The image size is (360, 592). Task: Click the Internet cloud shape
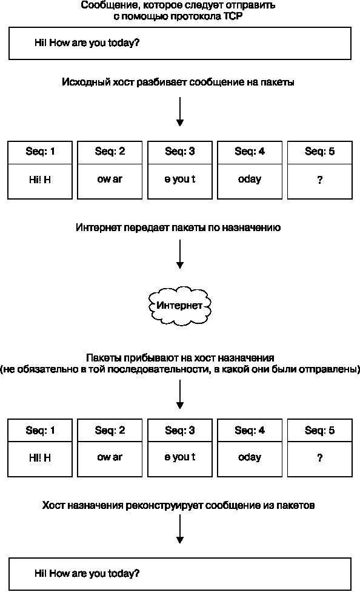pyautogui.click(x=179, y=304)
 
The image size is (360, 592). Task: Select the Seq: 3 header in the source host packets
pyautogui.click(x=179, y=152)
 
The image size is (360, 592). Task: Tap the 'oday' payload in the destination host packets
pyautogui.click(x=249, y=457)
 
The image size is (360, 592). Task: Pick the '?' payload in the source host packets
pyautogui.click(x=319, y=180)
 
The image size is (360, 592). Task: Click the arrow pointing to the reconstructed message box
pyautogui.click(x=179, y=532)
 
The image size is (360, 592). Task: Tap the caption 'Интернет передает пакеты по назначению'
pyautogui.click(x=178, y=228)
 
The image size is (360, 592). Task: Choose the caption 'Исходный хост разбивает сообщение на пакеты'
pyautogui.click(x=178, y=82)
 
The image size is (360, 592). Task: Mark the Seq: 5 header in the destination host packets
pyautogui.click(x=319, y=431)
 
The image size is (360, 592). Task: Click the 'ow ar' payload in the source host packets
pyautogui.click(x=110, y=180)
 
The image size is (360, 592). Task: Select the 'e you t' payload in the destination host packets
pyautogui.click(x=179, y=457)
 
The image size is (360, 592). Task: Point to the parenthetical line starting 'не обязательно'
pyautogui.click(x=180, y=369)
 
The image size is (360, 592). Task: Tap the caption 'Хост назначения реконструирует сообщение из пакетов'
pyautogui.click(x=178, y=505)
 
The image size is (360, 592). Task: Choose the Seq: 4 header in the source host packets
pyautogui.click(x=249, y=152)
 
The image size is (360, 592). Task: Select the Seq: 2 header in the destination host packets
pyautogui.click(x=110, y=431)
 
